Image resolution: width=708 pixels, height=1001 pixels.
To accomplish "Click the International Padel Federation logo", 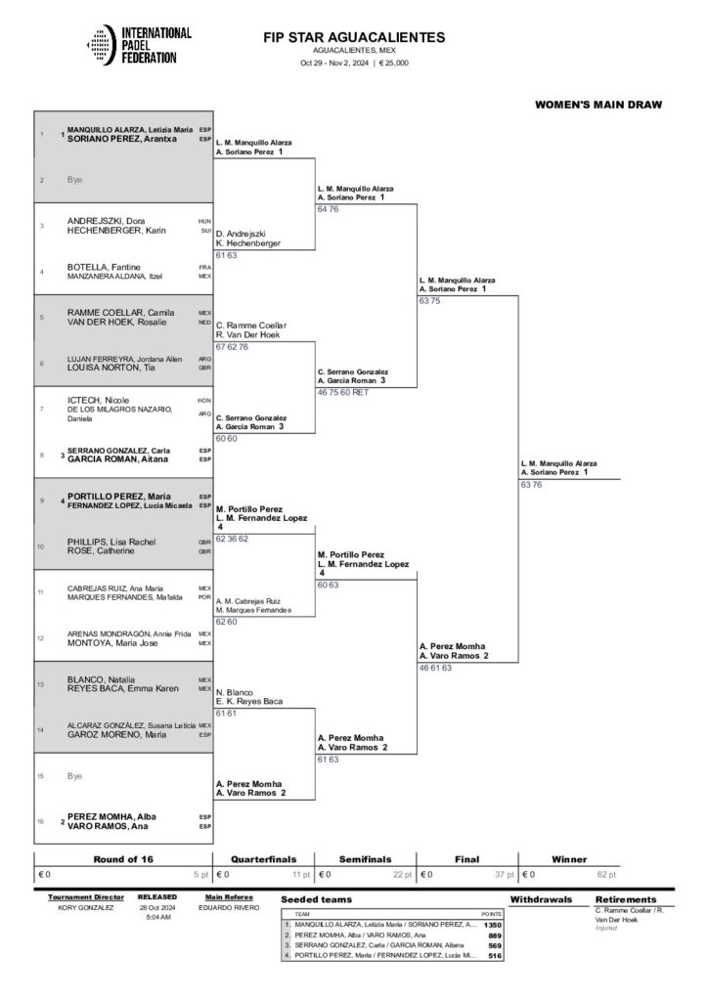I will (x=136, y=45).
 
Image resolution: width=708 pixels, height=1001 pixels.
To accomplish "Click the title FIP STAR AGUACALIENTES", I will (x=354, y=37).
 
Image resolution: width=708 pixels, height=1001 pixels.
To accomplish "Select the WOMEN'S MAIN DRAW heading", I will (x=598, y=104).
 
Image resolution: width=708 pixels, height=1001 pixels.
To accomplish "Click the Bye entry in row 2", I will (x=75, y=180).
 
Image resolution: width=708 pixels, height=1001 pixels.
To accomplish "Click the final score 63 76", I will (x=531, y=484).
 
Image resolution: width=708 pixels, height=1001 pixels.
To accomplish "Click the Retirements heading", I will (x=626, y=899).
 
